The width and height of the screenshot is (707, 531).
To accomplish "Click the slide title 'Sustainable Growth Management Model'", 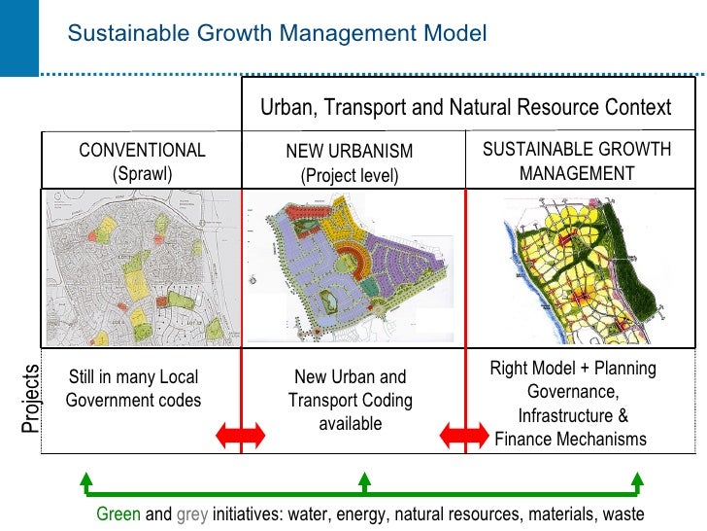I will (x=277, y=35).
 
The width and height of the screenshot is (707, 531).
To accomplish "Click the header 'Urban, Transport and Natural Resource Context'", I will (x=465, y=107).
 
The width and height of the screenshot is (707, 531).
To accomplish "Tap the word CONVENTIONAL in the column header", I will (x=142, y=151).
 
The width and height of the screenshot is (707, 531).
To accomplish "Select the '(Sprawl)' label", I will (x=142, y=174).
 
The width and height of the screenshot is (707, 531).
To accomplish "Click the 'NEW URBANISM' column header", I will (x=350, y=152).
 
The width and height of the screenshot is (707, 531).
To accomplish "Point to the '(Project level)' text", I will (x=350, y=176).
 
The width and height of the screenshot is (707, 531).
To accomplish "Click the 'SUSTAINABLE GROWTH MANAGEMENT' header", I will (x=577, y=161).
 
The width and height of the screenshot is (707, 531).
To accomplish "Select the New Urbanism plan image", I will (x=352, y=270).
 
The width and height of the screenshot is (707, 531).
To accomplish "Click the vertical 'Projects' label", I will (x=31, y=399).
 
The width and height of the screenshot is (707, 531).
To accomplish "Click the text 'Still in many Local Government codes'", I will (x=133, y=389).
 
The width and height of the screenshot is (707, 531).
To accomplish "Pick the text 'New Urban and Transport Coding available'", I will (x=350, y=400).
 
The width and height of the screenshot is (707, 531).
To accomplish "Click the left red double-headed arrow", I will (x=240, y=436).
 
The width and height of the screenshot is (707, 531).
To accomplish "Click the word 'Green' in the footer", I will (x=118, y=513).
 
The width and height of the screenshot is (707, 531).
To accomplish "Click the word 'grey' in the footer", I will (x=192, y=513).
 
